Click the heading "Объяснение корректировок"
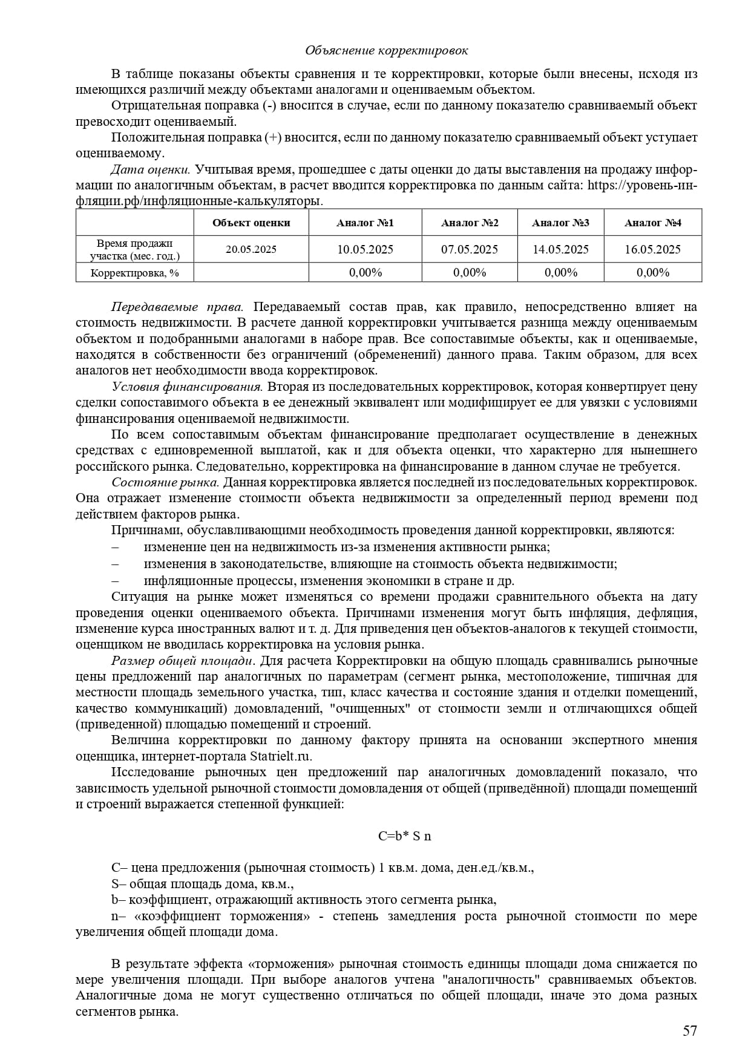386,50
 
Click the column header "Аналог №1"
365,223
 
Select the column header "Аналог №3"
560,223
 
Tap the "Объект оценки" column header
251,223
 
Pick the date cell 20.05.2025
251,249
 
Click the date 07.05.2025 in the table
470,249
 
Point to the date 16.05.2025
652,249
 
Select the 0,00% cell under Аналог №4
652,272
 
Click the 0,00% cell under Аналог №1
365,272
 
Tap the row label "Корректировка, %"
134,273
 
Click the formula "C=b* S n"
404,836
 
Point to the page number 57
690,1031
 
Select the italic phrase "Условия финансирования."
187,387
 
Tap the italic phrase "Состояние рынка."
165,482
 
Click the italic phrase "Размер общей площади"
182,660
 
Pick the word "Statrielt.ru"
281,756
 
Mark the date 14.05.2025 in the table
560,249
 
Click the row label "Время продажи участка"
134,249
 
